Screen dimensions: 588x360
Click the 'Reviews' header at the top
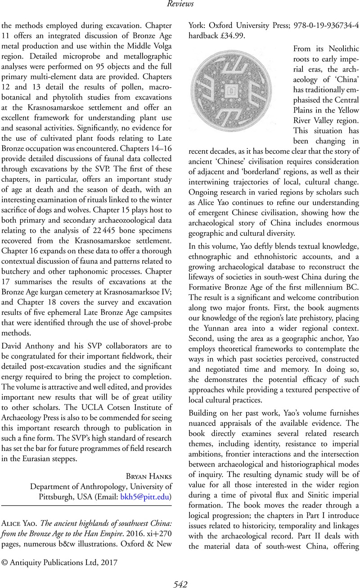coord(180,4)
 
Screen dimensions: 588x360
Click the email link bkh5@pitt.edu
coord(144,497)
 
